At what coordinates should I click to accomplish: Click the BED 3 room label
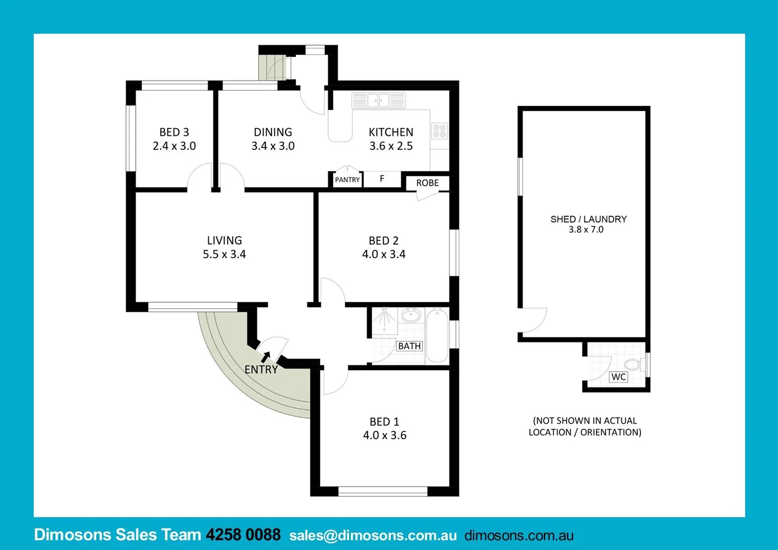[x=174, y=132]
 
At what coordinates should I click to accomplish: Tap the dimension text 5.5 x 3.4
[x=224, y=254]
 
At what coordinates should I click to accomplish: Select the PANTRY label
[x=347, y=180]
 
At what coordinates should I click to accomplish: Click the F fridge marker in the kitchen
[x=382, y=179]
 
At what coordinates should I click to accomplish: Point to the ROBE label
[x=427, y=183]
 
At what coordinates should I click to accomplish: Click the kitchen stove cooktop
[x=440, y=131]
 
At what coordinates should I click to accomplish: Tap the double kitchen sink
[x=378, y=100]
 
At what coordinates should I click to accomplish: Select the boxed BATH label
[x=409, y=346]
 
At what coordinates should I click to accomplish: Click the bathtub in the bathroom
[x=437, y=336]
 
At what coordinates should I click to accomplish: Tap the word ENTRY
[x=261, y=370]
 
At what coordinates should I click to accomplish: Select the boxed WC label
[x=619, y=377]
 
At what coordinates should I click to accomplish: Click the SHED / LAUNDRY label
[x=588, y=219]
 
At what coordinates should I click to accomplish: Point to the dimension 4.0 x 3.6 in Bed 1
[x=384, y=435]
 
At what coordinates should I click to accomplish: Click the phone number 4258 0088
[x=243, y=535]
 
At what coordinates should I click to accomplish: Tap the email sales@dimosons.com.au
[x=373, y=535]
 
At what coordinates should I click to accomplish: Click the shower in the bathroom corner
[x=384, y=321]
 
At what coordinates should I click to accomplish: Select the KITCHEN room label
[x=391, y=132]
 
